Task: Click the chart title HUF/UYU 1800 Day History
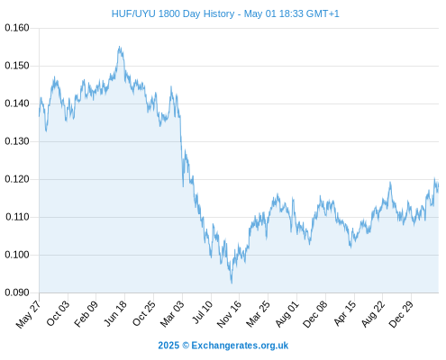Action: (173, 13)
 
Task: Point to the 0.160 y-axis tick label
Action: (17, 28)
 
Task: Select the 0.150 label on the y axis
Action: (17, 66)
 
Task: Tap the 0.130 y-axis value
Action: (17, 141)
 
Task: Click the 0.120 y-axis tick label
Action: (17, 179)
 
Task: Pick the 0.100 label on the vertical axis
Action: (17, 255)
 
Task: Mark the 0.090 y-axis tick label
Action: (17, 292)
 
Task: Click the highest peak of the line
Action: (120, 47)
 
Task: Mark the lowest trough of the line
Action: (232, 283)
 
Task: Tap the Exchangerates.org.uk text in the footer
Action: (240, 346)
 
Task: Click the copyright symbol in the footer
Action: (186, 346)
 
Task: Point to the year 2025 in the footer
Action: (168, 346)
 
